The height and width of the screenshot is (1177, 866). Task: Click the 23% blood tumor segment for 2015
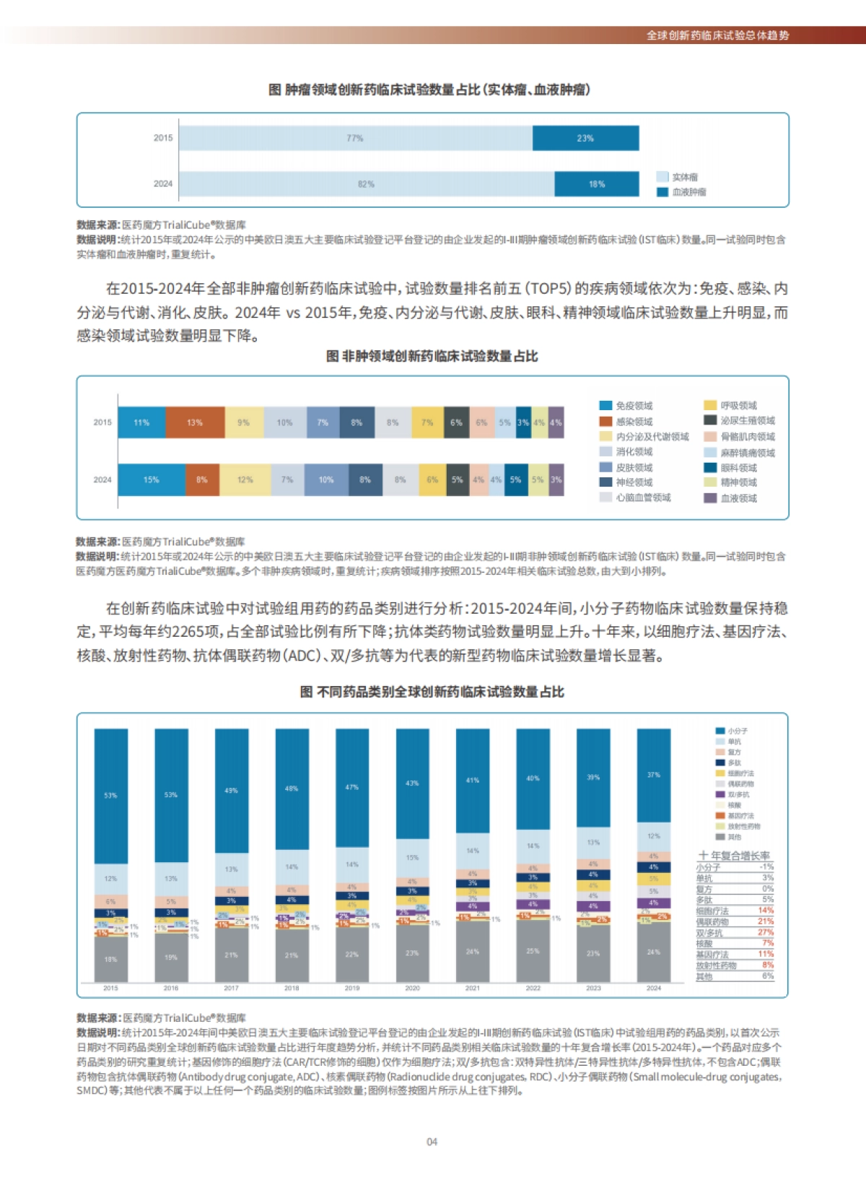pyautogui.click(x=585, y=138)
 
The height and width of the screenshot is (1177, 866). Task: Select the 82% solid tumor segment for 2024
pyautogui.click(x=366, y=184)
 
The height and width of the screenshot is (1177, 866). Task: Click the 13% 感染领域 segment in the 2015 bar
pyautogui.click(x=195, y=422)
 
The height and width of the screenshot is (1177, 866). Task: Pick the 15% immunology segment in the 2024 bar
pyautogui.click(x=151, y=479)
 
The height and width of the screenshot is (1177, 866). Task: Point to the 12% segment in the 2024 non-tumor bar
pyautogui.click(x=245, y=479)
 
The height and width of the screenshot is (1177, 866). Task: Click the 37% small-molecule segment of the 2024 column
pyautogui.click(x=653, y=775)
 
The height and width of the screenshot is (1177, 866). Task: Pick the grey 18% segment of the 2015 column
pyautogui.click(x=110, y=960)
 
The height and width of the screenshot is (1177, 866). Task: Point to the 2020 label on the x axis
pyautogui.click(x=412, y=988)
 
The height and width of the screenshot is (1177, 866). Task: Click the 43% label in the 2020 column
pyautogui.click(x=412, y=783)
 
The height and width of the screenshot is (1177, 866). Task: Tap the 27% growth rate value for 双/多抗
pyautogui.click(x=766, y=932)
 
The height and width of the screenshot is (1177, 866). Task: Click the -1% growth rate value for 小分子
pyautogui.click(x=766, y=867)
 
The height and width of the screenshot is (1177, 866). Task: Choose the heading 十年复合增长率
pyautogui.click(x=734, y=855)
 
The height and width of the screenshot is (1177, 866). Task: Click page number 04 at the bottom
pyautogui.click(x=432, y=1142)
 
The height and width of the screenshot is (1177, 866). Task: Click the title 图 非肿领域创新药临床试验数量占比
pyautogui.click(x=432, y=356)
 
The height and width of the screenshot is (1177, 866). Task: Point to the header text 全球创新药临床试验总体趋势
pyautogui.click(x=717, y=35)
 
